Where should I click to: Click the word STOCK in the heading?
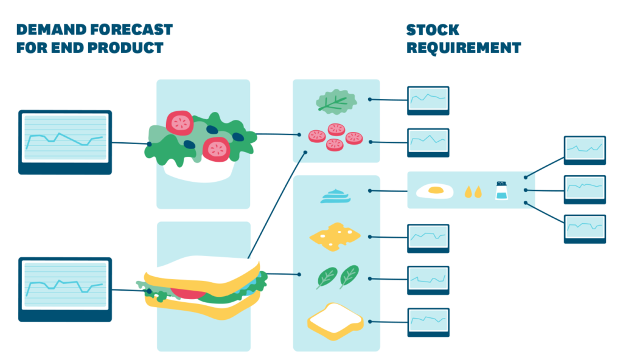coord(433,30)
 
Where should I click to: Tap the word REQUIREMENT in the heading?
coord(464,48)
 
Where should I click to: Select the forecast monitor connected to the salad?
coord(64,141)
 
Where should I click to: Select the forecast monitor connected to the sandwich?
coord(64,288)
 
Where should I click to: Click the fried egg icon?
coord(434,191)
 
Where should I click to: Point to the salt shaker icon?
coord(501,190)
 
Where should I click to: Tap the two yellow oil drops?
coord(473,192)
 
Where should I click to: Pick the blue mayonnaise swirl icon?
coord(336,195)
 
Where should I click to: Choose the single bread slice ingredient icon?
coord(335,320)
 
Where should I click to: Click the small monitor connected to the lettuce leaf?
coord(428,99)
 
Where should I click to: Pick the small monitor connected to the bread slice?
coord(428,321)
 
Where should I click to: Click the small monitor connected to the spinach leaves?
coord(428,279)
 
